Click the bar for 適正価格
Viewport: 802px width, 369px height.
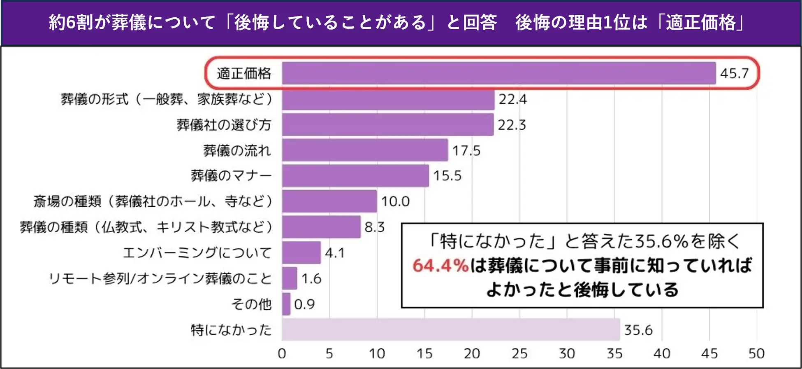coord(498,73)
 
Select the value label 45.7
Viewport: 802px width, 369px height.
coord(734,73)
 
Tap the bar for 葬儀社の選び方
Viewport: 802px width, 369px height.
coord(387,125)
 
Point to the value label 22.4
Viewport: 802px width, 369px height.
coord(512,99)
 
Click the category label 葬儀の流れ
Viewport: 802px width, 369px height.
coord(237,150)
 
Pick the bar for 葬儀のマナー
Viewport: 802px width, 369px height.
coord(355,176)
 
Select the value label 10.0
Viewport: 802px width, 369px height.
coord(395,201)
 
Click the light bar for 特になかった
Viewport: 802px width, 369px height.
coord(450,329)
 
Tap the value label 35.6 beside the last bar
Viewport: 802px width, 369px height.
coord(638,330)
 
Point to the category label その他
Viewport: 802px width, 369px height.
coord(251,304)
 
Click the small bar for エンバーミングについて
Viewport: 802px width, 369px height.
coord(301,252)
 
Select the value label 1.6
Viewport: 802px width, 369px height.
coord(311,278)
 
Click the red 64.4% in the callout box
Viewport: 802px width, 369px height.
coord(440,266)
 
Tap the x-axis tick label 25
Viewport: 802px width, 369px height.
coord(519,353)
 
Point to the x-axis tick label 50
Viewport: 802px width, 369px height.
coord(756,353)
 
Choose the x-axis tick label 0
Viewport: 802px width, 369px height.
coord(282,353)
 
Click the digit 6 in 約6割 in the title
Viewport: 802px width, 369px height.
coord(71,22)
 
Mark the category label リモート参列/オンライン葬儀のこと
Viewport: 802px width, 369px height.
coord(160,278)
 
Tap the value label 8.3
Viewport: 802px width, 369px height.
coord(374,227)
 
